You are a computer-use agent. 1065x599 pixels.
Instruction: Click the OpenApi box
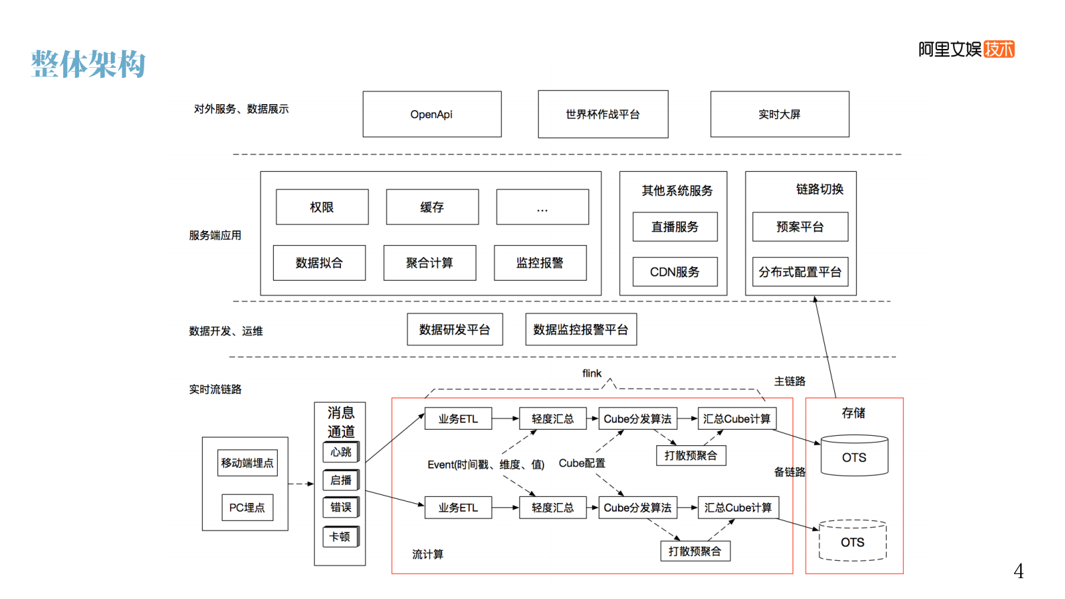(432, 114)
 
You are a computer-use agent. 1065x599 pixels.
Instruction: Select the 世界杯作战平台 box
(603, 114)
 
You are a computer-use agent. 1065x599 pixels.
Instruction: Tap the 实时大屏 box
(779, 114)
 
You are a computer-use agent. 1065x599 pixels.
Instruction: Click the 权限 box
(322, 207)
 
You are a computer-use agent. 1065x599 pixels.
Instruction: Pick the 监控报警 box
(540, 263)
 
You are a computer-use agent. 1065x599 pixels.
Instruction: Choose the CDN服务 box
(674, 272)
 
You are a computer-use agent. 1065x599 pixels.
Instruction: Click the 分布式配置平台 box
(800, 272)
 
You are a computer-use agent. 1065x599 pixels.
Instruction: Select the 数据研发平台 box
(454, 330)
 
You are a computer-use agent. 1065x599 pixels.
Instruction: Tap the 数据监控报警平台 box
(580, 330)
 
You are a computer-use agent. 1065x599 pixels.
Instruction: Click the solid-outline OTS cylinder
(854, 457)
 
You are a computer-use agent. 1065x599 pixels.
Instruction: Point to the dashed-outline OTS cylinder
(853, 541)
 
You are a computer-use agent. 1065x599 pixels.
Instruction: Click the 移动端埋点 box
(247, 463)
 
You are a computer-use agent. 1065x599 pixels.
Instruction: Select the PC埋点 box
(247, 508)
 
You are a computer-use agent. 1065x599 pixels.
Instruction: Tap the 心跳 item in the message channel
(341, 452)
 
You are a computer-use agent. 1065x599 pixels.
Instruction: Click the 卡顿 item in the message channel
(340, 537)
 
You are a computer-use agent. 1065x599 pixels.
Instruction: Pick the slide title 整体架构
(88, 64)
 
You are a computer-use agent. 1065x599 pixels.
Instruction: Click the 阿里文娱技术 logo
(966, 49)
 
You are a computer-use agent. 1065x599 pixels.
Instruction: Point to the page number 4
(1018, 571)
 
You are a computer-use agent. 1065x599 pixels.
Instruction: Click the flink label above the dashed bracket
(591, 373)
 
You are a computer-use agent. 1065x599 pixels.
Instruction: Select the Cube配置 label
(582, 463)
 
